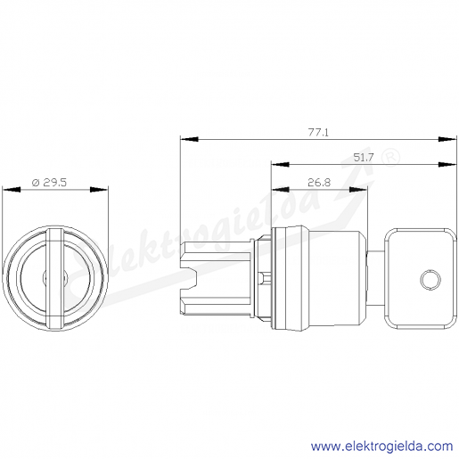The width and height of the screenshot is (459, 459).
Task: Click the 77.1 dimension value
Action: point(318,132)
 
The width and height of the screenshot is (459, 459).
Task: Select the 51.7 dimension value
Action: point(363,157)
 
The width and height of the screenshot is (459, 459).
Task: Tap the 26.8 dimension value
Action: point(319,183)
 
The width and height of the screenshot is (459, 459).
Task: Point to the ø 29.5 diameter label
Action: point(49,182)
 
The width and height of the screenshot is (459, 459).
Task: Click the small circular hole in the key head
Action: point(430,279)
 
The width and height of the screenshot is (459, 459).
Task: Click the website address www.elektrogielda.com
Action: point(381,447)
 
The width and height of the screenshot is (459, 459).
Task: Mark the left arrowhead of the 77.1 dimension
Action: point(189,139)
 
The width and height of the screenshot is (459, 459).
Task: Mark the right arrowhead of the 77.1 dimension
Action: point(447,139)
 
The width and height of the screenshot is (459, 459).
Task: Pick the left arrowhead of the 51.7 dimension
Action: point(280,164)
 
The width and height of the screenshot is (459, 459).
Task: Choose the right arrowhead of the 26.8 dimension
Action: point(358,190)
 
